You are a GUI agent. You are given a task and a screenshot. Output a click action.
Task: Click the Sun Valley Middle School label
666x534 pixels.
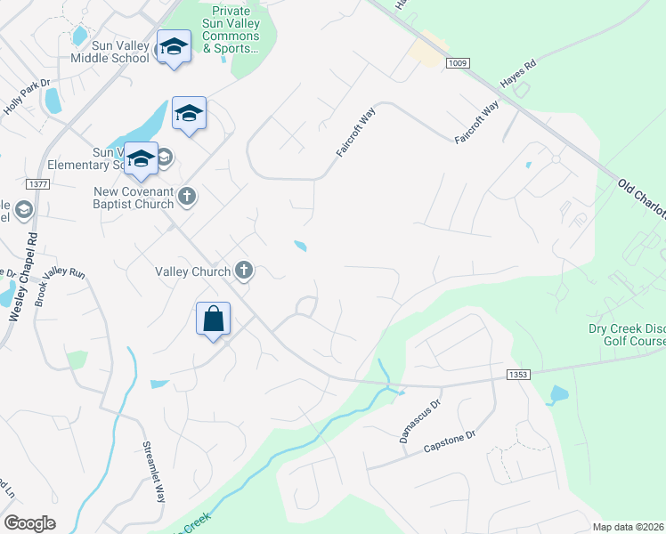[109, 52]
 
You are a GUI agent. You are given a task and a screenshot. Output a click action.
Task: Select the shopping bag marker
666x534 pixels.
[214, 320]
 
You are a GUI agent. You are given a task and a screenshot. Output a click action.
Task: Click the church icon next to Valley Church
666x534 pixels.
[244, 271]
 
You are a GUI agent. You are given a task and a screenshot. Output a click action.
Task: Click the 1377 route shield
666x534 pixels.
[38, 184]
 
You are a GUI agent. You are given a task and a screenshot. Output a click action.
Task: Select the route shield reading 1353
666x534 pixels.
[518, 376]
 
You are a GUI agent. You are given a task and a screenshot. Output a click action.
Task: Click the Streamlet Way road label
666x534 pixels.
[154, 472]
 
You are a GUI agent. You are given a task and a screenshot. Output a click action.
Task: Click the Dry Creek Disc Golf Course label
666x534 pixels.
[627, 335]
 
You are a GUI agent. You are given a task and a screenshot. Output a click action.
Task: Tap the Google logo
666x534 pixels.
[29, 523]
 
